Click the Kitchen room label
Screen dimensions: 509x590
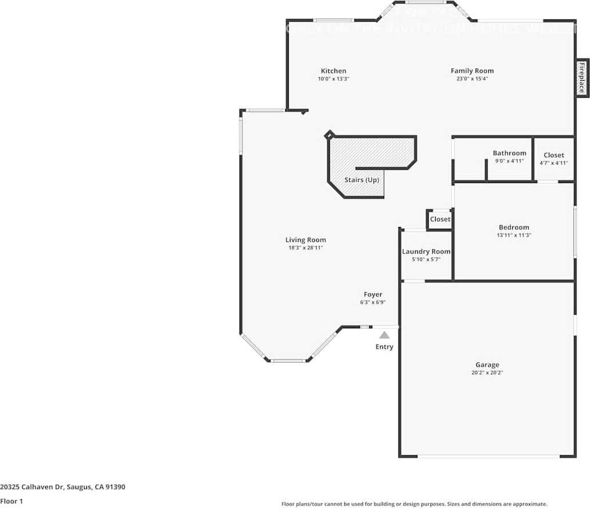coord(333,71)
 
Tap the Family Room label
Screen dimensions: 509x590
coord(472,71)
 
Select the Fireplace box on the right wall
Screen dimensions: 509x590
coord(581,78)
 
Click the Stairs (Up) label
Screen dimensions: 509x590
coord(361,180)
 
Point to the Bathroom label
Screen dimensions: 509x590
coord(509,153)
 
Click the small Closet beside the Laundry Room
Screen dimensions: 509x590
coord(440,219)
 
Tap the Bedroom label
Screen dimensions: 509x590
coord(513,227)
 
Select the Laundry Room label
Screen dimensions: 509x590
coord(426,252)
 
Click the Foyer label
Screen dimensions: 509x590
coord(373,295)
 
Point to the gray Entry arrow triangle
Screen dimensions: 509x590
coord(385,335)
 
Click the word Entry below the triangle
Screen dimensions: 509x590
coord(384,347)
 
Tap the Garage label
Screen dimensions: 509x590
coord(487,365)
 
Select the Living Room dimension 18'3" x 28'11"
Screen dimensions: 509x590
coord(306,248)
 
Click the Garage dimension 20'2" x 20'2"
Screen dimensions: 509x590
coord(487,372)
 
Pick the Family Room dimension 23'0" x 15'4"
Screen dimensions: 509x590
coord(472,79)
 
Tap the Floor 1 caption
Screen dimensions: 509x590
coord(11,502)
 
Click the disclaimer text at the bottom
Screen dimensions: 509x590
coord(414,504)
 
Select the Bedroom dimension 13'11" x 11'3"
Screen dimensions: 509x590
coord(513,235)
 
